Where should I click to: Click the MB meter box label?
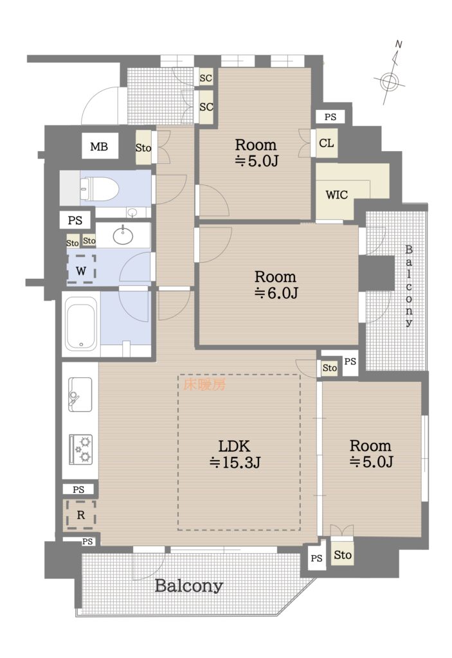coord(99,147)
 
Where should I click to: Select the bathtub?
coord(82,324)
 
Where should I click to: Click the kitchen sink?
coord(80,395)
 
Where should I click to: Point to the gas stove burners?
coord(80,449)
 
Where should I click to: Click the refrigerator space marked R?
coord(80,515)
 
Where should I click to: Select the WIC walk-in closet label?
coord(336,195)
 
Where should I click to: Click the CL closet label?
coord(327,143)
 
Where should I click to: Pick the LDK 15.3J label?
coord(235,454)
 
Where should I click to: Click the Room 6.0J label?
coord(276,285)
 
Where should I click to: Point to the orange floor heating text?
coord(204,384)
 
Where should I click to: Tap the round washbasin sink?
coord(123,236)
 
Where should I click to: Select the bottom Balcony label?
coord(188,585)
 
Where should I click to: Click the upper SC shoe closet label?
coord(206,78)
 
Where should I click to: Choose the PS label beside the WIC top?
coord(330,117)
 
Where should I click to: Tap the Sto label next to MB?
coord(143,148)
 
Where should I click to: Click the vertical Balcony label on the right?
coord(409,286)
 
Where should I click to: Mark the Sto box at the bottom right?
coord(342,555)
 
